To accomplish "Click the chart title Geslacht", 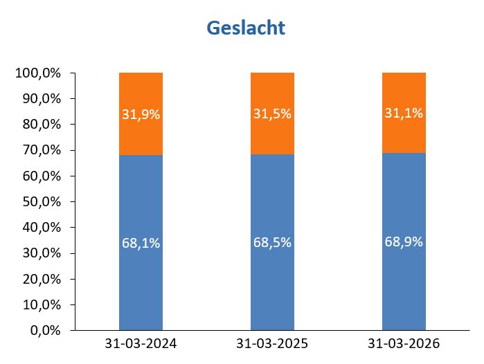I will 246,28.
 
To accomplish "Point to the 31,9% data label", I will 141,115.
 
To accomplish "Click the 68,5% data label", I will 272,243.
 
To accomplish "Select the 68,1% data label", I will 141,244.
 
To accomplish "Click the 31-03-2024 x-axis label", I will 141,344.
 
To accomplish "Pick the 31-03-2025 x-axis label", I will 272,344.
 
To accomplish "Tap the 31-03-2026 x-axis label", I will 404,344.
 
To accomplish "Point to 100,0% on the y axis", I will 38,73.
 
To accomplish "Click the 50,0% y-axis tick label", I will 41,201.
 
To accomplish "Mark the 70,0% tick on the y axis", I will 41,150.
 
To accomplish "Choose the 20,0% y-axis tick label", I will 41,279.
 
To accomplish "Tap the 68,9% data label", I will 404,242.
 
